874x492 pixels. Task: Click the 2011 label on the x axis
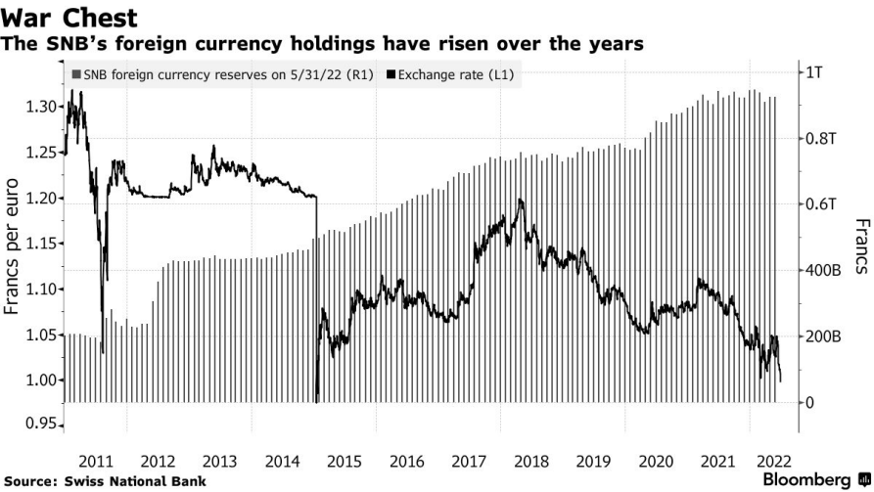(98, 461)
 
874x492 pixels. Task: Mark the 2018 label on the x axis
(532, 461)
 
